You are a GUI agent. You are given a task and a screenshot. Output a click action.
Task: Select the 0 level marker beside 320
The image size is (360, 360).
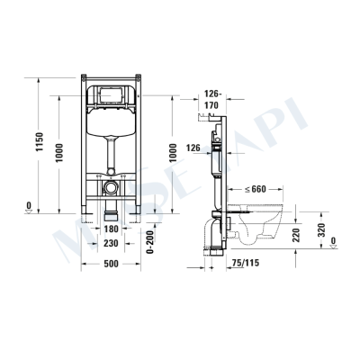click(x=333, y=240)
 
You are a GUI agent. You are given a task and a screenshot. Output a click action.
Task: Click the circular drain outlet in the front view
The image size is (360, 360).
click(x=109, y=190)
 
